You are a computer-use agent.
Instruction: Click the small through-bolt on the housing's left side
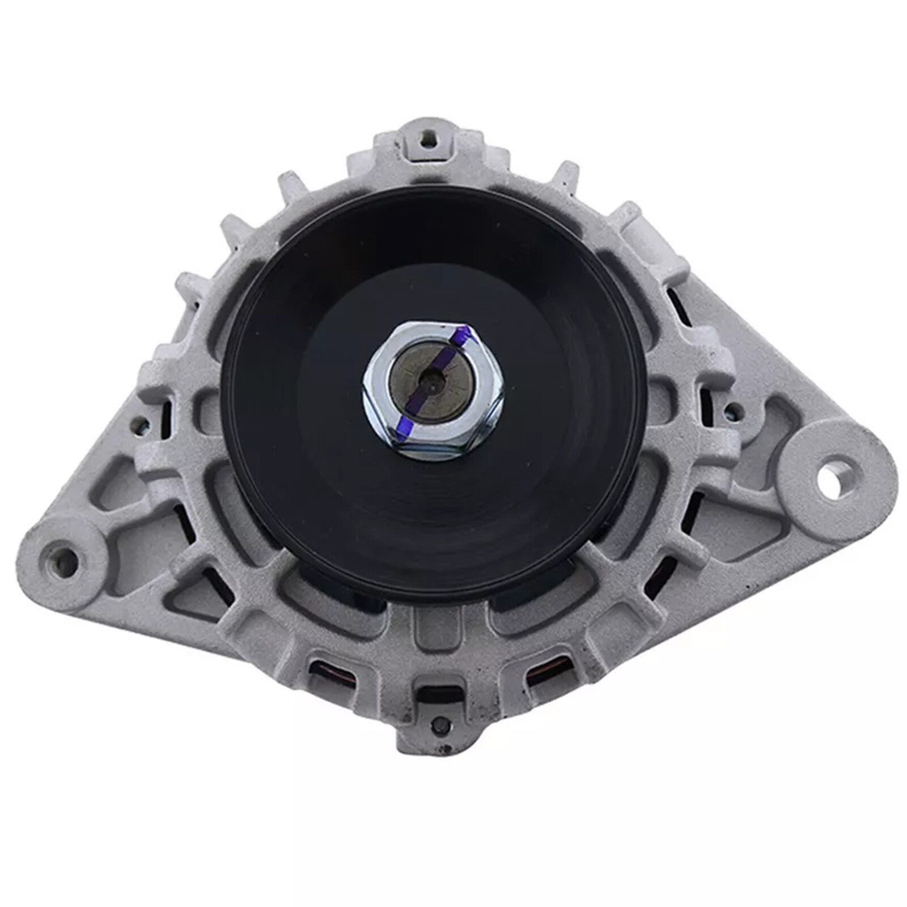click(x=137, y=422)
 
